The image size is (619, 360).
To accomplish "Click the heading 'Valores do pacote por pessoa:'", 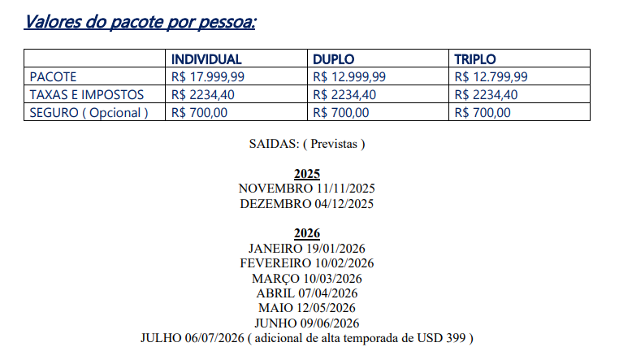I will pos(140,20).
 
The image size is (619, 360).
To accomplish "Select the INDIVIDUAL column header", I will pos(206,59).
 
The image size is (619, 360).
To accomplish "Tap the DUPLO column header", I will pos(334,59).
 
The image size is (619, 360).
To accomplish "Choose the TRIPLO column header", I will pos(475,59).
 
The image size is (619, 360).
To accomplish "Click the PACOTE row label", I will pos(53,77).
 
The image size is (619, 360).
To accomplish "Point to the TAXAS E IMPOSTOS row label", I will pos(87,95).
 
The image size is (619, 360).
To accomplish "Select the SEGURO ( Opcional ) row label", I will pos(89,113).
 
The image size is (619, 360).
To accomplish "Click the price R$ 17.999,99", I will pos(209,77).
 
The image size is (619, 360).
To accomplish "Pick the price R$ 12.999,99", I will pos(349,77).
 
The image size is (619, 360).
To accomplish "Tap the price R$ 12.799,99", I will pos(491,77).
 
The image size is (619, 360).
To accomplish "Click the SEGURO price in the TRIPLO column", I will pos(483,113).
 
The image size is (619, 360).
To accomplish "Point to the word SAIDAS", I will pos(273,145).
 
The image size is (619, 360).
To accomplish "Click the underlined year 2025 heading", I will pos(307,175).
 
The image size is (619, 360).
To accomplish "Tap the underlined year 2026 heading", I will pos(307,234).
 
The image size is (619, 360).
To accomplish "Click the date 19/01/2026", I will pos(335,249).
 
